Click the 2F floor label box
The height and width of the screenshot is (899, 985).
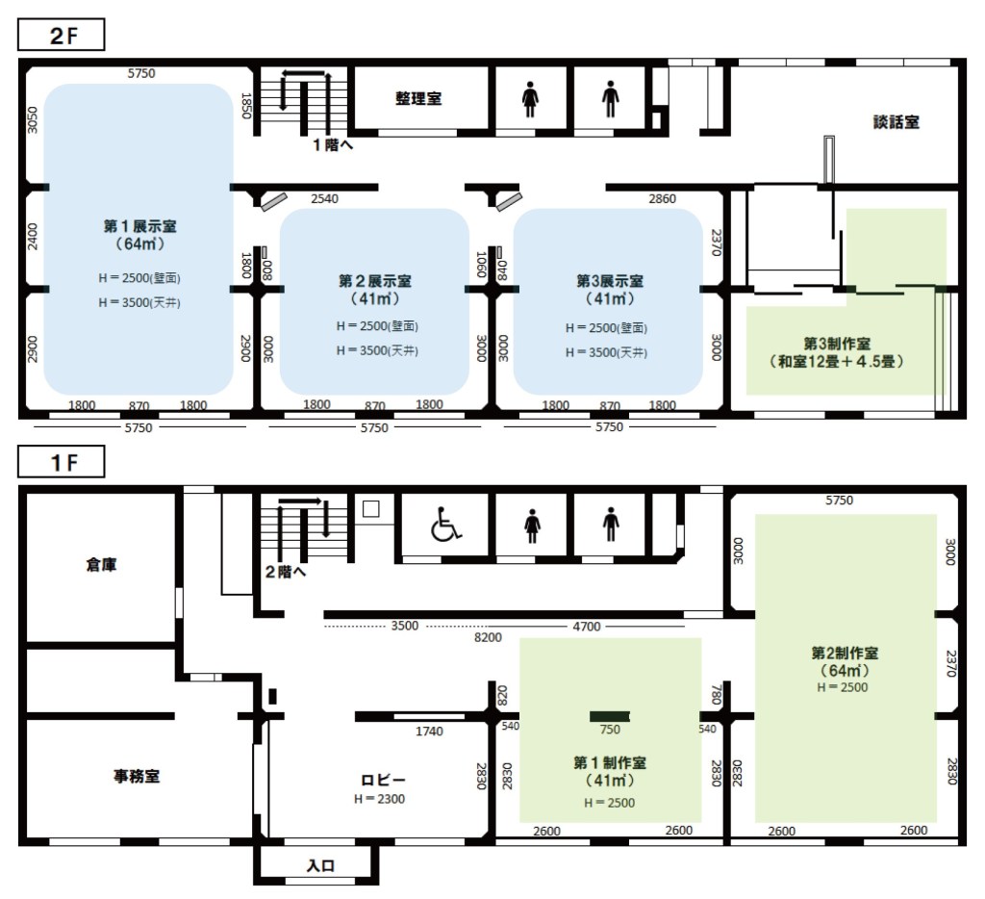[x=61, y=35]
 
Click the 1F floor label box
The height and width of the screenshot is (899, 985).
[x=61, y=462]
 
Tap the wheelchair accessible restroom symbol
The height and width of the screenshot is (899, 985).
[x=445, y=524]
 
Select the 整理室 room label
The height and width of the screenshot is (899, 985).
[x=418, y=99]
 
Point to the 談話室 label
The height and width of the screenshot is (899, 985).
[x=896, y=122]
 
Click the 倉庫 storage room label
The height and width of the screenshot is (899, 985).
[x=101, y=565]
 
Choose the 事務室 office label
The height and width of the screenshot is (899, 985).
[x=137, y=777]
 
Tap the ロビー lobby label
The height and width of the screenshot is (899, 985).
[x=383, y=781]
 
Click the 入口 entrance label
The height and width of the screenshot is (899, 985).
[x=320, y=865]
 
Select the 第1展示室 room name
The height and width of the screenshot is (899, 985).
[x=139, y=226]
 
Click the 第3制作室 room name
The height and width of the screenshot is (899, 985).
[x=837, y=344]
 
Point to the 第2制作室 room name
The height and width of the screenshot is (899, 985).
[x=845, y=654]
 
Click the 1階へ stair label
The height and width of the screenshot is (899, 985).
[x=333, y=145]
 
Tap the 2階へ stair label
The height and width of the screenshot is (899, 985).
[x=285, y=572]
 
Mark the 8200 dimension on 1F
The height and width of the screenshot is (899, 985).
[x=488, y=637]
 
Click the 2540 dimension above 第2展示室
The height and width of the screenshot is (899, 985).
[x=325, y=198]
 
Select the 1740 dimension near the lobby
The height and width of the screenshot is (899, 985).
[x=429, y=732]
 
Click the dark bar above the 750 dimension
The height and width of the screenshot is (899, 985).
[x=609, y=716]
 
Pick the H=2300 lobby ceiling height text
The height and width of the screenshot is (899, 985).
[x=379, y=799]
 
